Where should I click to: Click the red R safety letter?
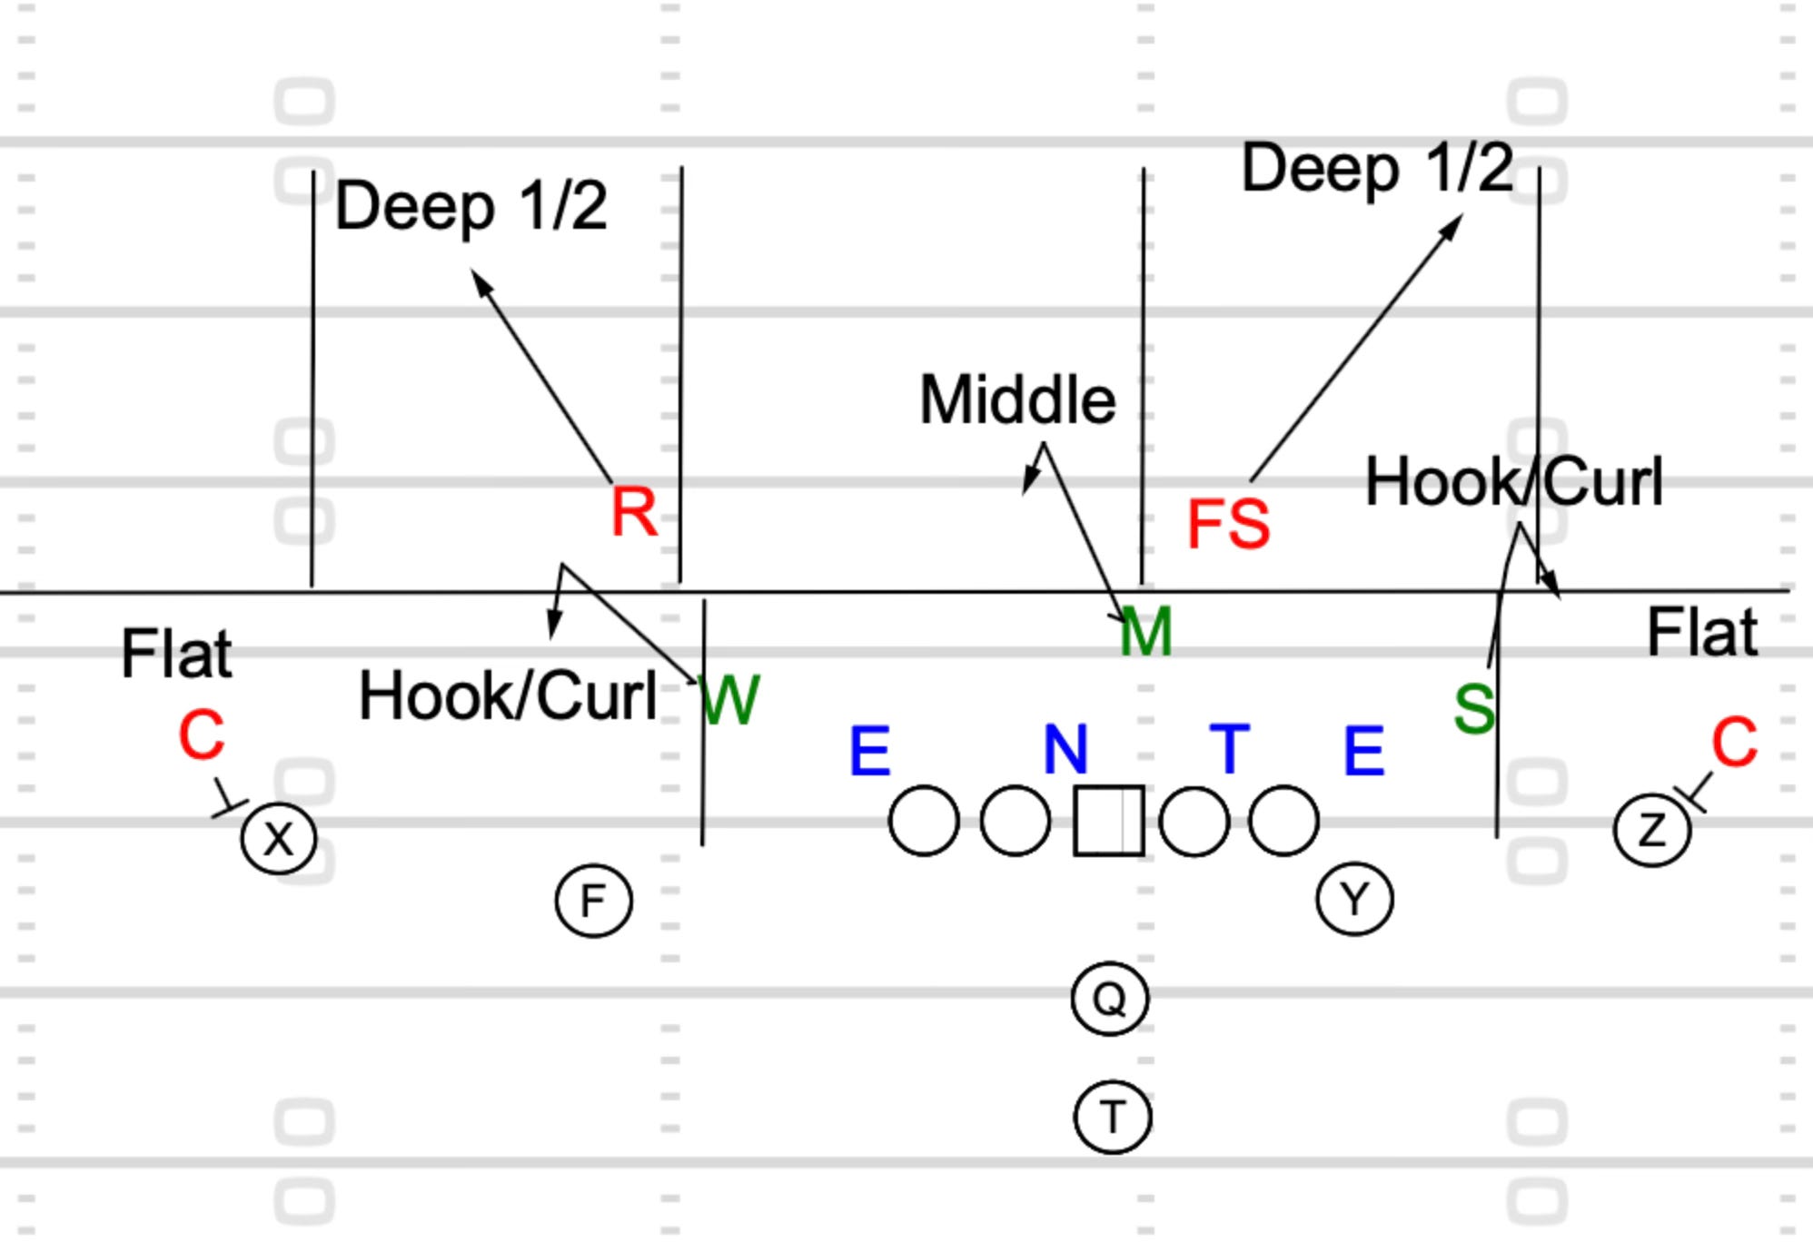click(634, 512)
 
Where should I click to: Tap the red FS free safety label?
click(1228, 525)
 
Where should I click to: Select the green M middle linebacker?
click(1146, 633)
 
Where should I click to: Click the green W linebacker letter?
click(730, 700)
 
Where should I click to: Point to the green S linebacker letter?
click(1473, 709)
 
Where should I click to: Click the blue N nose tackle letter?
click(1065, 750)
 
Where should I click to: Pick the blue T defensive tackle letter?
click(1230, 750)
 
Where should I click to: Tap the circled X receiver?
click(279, 839)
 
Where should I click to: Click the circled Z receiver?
click(1652, 830)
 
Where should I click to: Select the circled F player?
click(593, 902)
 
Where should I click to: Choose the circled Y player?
click(1354, 900)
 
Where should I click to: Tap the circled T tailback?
click(1113, 1117)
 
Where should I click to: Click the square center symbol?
click(1108, 821)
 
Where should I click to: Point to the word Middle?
click(1017, 400)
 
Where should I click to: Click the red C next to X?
click(201, 734)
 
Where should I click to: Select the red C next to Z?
click(1734, 742)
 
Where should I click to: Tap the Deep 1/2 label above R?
click(471, 207)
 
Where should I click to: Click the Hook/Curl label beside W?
click(508, 697)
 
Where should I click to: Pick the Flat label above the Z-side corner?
click(1702, 633)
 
